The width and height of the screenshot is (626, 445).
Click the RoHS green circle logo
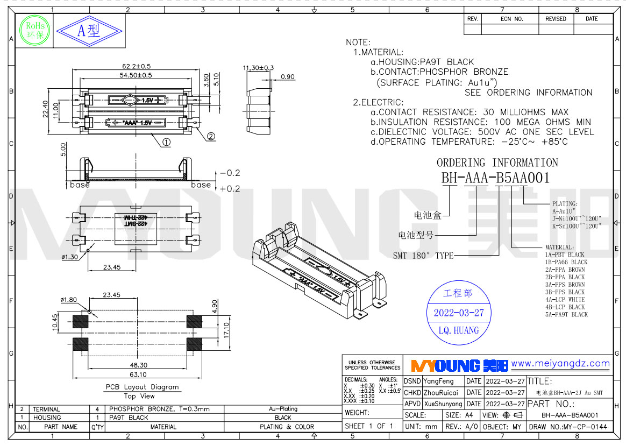(x=35, y=30)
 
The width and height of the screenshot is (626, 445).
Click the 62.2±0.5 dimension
(x=136, y=66)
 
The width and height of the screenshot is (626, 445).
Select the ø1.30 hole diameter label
(x=69, y=257)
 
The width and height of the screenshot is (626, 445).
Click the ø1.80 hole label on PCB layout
(x=69, y=300)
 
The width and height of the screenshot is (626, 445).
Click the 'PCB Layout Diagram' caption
(x=142, y=387)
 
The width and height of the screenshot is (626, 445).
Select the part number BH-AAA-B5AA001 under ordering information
(x=495, y=178)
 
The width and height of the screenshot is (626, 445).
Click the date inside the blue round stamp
(x=459, y=313)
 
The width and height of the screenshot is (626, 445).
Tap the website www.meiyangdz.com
(x=560, y=364)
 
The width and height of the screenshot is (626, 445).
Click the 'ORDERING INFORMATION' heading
(x=497, y=163)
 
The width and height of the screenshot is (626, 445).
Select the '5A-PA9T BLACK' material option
(x=566, y=315)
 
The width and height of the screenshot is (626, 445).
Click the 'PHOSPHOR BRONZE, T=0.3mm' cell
(x=159, y=409)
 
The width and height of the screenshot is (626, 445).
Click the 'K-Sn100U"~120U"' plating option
(x=577, y=227)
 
